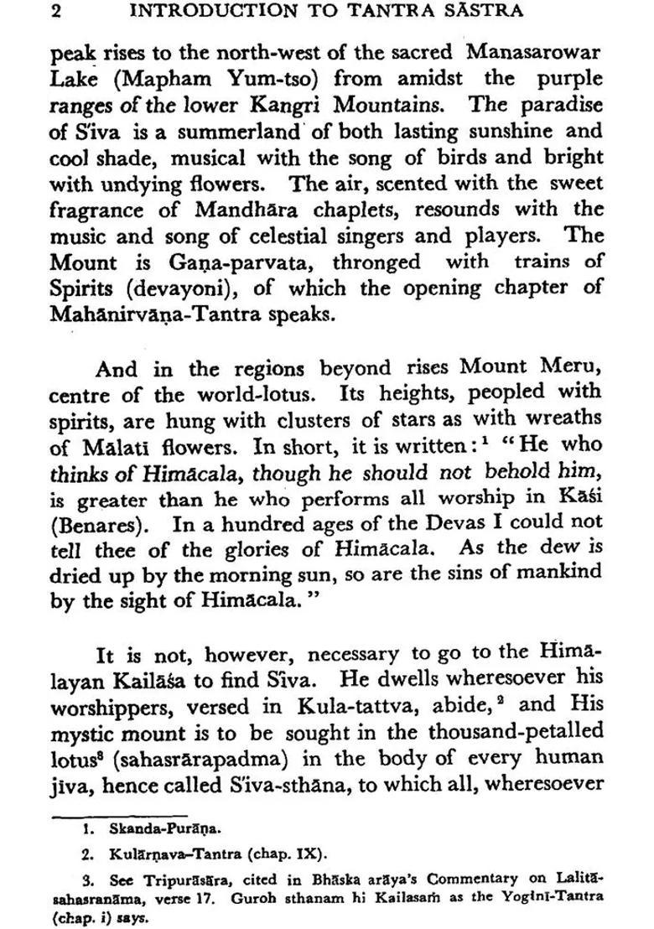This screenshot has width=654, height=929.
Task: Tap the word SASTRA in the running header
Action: pos(482,12)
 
